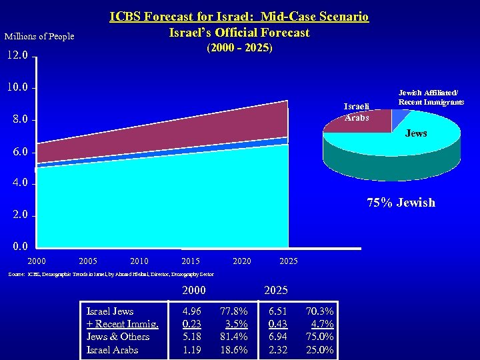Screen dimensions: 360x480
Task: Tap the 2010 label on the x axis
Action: point(139,261)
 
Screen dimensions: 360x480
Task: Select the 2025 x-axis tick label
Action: point(288,261)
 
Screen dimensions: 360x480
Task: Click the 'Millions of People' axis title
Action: point(39,36)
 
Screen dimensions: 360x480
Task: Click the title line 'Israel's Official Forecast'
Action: point(239,33)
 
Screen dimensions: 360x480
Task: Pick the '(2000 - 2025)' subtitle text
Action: point(239,49)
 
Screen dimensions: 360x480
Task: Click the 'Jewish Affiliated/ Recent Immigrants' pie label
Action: point(431,97)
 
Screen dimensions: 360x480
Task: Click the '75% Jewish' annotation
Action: point(401,203)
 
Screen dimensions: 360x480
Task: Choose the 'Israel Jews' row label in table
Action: point(110,311)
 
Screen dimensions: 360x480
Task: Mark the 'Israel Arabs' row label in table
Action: point(113,349)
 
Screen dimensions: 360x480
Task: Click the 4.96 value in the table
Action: point(193,311)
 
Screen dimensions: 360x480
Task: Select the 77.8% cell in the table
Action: point(234,311)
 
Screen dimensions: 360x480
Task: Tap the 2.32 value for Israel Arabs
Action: point(277,349)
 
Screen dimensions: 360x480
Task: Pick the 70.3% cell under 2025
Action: point(320,311)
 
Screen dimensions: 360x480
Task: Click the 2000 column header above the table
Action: point(194,291)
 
